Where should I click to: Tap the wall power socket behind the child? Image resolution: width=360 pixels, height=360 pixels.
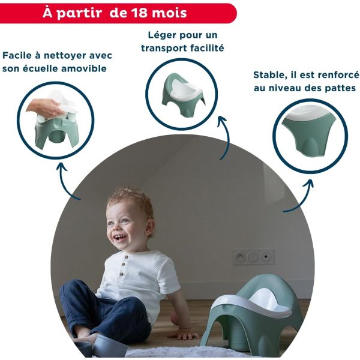tap(253, 257)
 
